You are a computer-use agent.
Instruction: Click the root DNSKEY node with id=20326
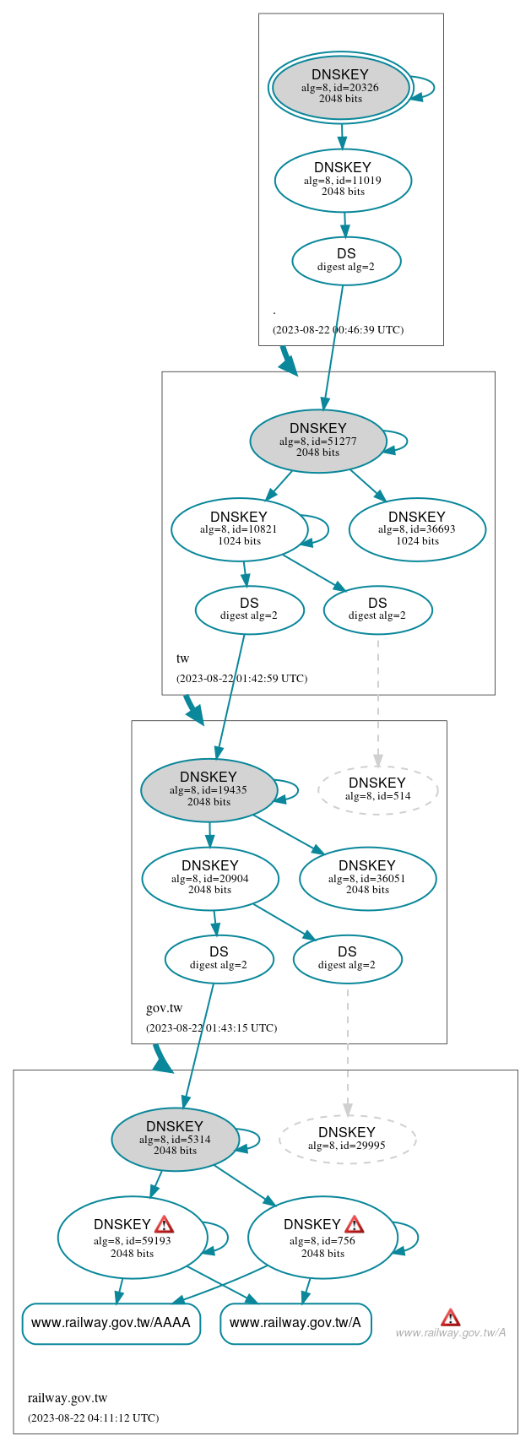340,87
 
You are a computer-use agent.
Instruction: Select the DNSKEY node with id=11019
343,180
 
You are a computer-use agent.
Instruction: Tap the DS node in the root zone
346,261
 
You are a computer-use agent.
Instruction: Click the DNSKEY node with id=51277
318,441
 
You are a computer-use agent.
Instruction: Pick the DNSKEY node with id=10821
240,529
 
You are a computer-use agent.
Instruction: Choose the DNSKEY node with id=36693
417,529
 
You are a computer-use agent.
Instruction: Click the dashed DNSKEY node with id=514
377,790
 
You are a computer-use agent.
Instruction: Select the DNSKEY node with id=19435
209,790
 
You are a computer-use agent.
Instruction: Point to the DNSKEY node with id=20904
210,879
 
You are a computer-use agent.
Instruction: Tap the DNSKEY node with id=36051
367,879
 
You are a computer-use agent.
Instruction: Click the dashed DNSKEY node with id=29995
347,1139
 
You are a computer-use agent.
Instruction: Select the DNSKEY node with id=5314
175,1139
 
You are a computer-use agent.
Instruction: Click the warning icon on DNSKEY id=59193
164,1225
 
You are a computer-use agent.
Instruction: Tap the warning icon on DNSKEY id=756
355,1225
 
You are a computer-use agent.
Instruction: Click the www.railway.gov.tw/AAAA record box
111,1323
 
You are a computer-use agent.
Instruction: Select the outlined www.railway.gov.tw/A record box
295,1323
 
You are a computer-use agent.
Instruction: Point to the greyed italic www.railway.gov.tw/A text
450,1333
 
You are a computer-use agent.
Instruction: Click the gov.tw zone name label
164,1008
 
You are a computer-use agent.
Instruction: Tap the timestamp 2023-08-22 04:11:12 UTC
93,1418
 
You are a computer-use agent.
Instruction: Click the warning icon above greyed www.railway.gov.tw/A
451,1317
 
